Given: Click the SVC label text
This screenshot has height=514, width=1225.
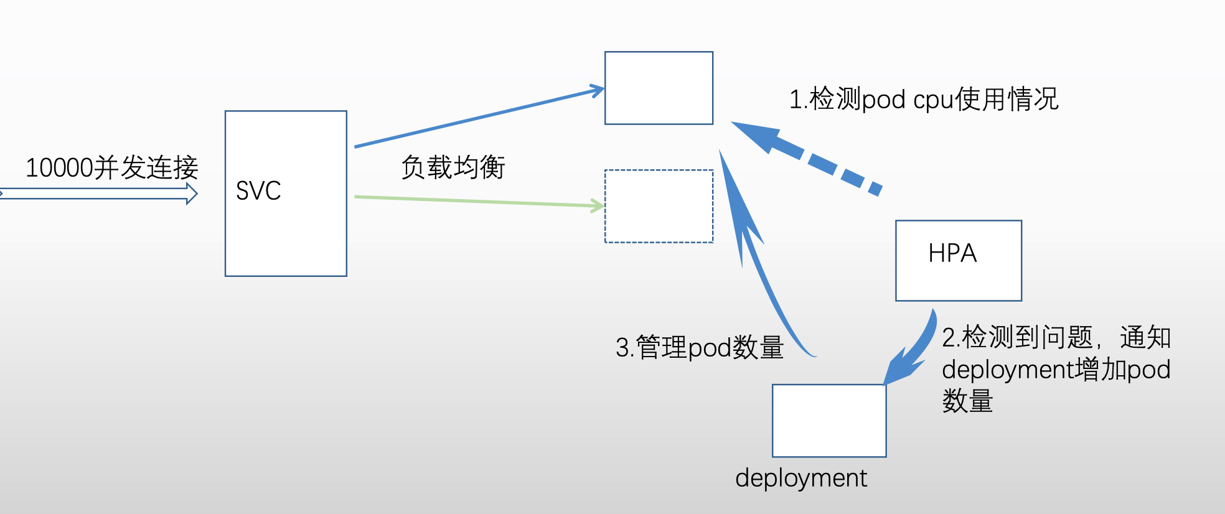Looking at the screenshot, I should point(258,191).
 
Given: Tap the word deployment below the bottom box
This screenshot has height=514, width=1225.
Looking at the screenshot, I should point(800,478).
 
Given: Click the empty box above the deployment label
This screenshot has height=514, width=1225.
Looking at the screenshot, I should point(828,420).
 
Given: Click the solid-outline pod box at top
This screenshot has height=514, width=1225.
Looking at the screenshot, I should point(659,88).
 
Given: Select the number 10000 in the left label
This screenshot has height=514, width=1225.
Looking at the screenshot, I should point(60,168).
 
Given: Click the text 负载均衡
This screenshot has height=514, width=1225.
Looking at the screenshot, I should point(453,167).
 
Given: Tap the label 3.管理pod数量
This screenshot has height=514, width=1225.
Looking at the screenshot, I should point(699,347).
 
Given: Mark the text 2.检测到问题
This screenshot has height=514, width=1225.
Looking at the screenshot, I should point(1017,337).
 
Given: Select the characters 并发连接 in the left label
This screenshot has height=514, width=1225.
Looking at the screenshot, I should point(146,168).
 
